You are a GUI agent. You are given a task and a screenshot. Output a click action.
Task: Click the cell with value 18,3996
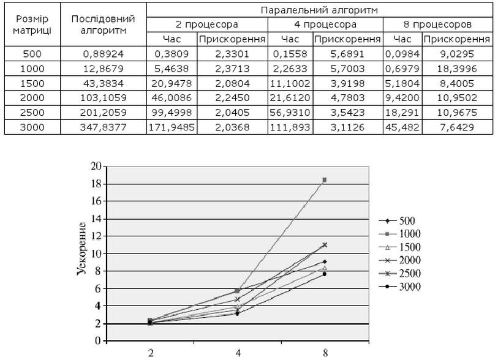(457, 69)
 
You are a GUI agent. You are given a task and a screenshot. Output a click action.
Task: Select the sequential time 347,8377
(104, 127)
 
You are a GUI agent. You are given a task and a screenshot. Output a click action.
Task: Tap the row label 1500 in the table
(32, 83)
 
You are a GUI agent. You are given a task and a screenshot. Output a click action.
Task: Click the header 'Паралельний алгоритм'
(319, 10)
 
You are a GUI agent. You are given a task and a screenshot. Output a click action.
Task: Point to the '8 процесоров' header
(437, 24)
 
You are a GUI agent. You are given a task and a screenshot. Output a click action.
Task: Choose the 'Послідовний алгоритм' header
(104, 24)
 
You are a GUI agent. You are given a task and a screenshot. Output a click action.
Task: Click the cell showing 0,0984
(402, 54)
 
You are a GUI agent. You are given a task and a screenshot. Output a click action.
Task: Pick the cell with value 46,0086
(172, 97)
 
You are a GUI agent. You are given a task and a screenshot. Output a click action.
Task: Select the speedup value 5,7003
(347, 69)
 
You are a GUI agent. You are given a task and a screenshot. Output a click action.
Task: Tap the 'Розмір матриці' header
(32, 24)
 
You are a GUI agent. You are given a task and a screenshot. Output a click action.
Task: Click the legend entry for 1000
(399, 234)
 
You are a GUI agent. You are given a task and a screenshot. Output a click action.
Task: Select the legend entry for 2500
(399, 273)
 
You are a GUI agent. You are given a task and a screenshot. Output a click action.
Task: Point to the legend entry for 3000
(399, 287)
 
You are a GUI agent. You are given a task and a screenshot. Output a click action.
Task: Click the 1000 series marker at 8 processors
(324, 180)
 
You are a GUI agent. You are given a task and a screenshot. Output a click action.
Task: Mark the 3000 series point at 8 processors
(324, 274)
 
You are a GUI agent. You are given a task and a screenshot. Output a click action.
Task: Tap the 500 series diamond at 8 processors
(324, 261)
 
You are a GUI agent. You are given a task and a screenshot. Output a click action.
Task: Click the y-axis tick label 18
(96, 184)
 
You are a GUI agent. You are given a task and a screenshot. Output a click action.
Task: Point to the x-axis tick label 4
(238, 353)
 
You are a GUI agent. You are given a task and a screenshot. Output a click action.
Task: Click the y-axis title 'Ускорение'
(81, 249)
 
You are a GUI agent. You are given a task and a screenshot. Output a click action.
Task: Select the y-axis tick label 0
(98, 340)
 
